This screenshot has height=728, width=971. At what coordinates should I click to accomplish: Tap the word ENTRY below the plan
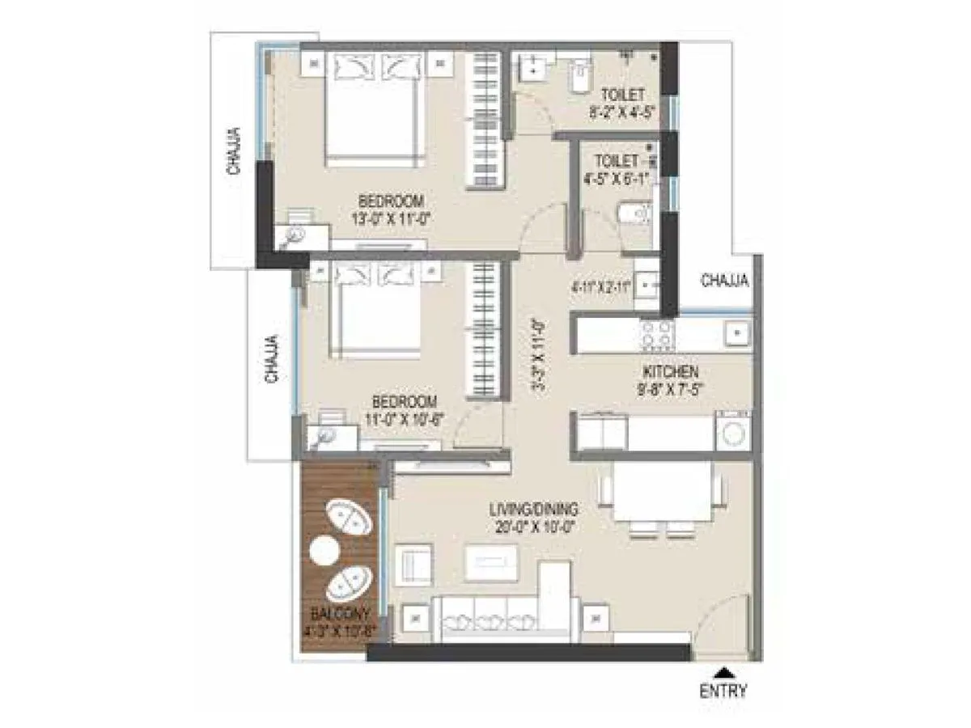tap(723, 691)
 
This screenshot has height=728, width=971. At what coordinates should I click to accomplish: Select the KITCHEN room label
tap(671, 372)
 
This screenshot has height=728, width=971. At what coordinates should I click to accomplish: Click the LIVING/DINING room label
tap(535, 510)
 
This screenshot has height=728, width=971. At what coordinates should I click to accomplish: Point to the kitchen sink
tap(737, 332)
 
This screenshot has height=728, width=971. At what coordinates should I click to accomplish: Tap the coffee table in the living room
tap(491, 560)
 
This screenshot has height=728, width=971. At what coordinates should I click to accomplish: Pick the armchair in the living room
tap(414, 561)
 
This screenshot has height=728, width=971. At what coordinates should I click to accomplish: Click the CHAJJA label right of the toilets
tap(724, 281)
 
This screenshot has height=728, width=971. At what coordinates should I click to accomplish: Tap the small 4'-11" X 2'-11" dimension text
tap(601, 286)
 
